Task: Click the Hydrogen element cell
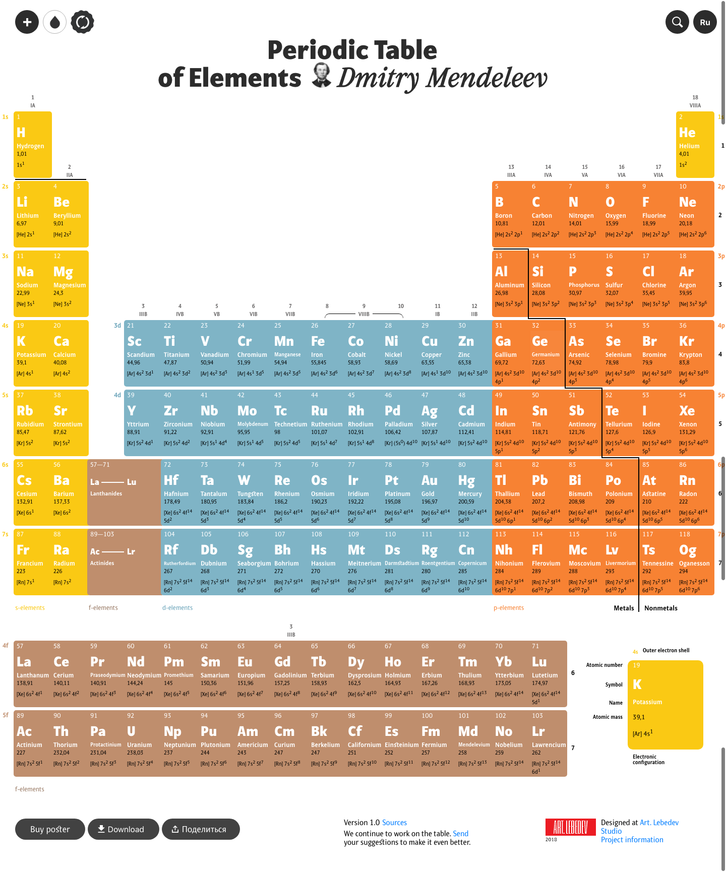[33, 144]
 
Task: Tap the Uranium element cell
[142, 743]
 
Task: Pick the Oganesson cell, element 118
[695, 562]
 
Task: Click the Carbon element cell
[547, 214]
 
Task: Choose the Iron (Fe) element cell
[326, 353]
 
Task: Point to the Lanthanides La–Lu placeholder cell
[124, 492]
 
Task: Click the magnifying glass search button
[677, 22]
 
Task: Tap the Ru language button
[705, 22]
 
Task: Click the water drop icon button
[54, 22]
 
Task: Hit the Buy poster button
[50, 829]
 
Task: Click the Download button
[123, 829]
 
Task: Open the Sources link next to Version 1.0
[394, 823]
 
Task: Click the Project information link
[632, 840]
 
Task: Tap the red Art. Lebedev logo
[567, 827]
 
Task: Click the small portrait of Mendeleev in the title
[321, 75]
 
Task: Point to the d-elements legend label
[177, 608]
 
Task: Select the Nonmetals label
[660, 608]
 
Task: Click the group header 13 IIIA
[511, 171]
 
